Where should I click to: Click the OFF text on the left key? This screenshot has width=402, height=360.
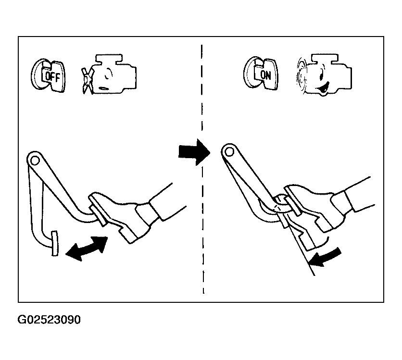coord(52,76)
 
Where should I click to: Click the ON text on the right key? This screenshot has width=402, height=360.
coord(265,75)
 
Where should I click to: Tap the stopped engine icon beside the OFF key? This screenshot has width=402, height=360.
coord(109,74)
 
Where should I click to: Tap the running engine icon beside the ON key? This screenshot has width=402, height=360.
coord(324,74)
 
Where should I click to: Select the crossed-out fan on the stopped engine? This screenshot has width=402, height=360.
coord(88,80)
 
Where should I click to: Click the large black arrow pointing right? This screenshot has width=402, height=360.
coord(194,152)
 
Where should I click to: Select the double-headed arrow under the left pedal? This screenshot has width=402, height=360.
coord(87,248)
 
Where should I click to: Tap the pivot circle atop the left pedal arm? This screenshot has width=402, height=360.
coord(35,161)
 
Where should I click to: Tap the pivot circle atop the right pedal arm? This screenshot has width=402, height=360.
coord(229,152)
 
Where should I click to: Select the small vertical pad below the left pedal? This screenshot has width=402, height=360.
coord(55,243)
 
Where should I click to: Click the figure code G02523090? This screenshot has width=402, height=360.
coord(49,320)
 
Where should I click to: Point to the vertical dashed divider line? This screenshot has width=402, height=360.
coord(202,169)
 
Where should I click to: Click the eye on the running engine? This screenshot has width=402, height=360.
coord(321,76)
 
